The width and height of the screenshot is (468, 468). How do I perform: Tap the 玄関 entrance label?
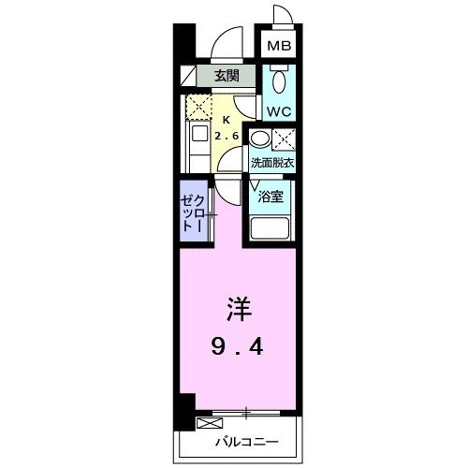point(225,77)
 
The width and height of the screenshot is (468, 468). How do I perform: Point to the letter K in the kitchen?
point(226,120)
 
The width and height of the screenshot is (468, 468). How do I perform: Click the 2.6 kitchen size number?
point(227,137)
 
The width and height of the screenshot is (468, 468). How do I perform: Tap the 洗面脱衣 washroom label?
point(272,163)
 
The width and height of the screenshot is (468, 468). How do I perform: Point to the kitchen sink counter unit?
point(199,145)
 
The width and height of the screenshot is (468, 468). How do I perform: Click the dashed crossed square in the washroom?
point(286,140)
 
